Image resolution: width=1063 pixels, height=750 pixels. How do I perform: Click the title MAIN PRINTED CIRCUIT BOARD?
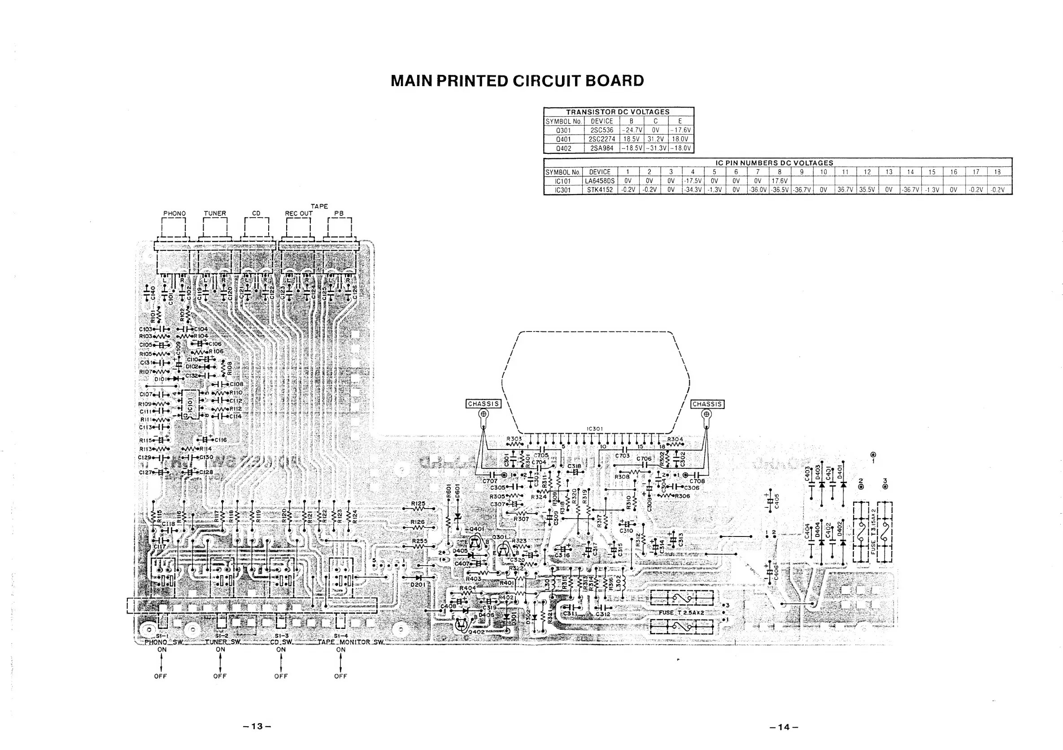pos(517,81)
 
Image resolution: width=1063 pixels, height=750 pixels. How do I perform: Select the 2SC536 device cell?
pos(602,130)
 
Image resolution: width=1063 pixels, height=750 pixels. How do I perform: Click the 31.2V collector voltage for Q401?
pos(656,139)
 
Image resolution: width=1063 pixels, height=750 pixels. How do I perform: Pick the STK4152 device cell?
pos(600,190)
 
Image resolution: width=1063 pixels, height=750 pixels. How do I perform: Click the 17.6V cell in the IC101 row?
pos(779,181)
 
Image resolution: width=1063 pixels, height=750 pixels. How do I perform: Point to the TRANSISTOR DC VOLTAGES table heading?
pos(618,112)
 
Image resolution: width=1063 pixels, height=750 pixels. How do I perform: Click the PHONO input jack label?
pos(174,214)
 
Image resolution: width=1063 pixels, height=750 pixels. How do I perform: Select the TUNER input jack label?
pos(215,214)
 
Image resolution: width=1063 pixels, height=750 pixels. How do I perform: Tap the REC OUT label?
pos(299,214)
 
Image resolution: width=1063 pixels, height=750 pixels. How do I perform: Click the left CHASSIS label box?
pos(484,404)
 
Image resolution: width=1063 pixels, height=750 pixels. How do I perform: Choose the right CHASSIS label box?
pos(707,404)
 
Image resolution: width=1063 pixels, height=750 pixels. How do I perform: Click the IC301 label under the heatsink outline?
pos(594,429)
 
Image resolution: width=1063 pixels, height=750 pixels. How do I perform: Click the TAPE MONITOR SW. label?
pos(350,642)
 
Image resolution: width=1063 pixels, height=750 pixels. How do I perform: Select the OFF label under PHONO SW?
pos(161,676)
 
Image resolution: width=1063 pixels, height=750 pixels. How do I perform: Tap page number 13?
pos(257,726)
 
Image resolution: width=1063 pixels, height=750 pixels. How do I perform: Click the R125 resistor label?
pos(418,503)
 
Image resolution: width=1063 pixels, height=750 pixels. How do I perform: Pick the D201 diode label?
pos(418,585)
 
